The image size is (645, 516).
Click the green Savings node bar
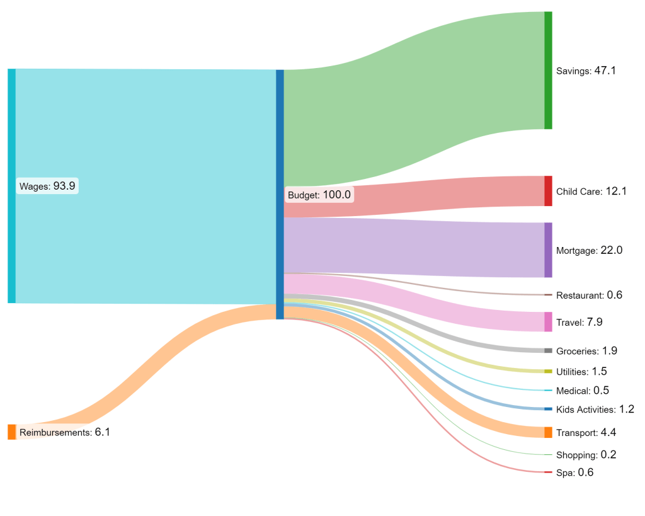[548, 70]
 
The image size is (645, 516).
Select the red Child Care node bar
[548, 191]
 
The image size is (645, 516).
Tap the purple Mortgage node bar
[548, 249]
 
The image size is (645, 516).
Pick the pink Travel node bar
[548, 321]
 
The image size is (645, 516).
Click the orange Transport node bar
[548, 432]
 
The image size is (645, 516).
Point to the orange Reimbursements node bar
[11, 432]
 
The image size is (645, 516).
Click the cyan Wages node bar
[11, 186]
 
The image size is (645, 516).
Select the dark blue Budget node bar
[280, 194]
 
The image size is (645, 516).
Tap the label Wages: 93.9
[47, 186]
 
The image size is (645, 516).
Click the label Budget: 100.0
[319, 195]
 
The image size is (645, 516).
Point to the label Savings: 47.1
[586, 71]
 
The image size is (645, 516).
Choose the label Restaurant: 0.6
[589, 295]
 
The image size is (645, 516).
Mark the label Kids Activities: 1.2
[595, 410]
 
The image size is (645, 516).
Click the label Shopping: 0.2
[586, 455]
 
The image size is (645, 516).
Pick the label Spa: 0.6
[574, 473]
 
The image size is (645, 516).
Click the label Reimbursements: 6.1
[65, 432]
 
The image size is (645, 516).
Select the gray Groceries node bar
[548, 350]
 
